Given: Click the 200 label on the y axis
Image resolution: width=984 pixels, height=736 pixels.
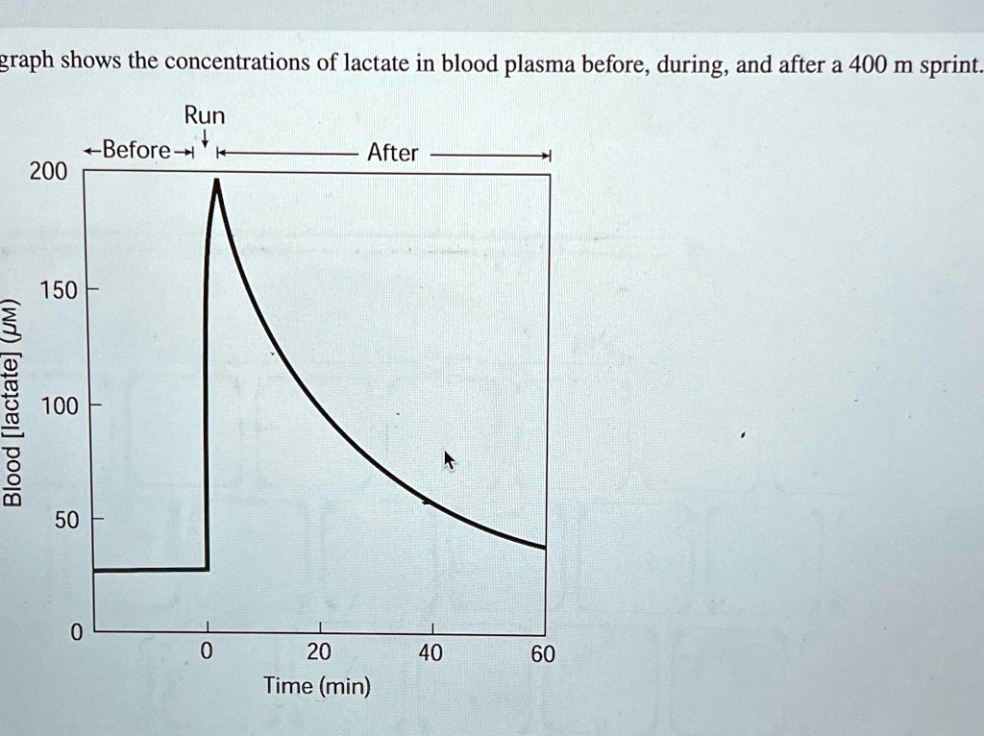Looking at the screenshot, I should (x=48, y=172).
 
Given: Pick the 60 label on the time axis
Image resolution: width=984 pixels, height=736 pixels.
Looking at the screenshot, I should (x=543, y=655).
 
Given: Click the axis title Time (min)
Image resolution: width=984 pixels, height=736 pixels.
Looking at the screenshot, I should (x=318, y=687).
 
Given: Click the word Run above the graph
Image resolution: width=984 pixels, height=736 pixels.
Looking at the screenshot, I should (x=205, y=116).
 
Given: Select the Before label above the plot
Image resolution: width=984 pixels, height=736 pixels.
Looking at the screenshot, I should (x=137, y=150).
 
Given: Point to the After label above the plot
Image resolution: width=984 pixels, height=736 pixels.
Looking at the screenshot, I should (x=393, y=153).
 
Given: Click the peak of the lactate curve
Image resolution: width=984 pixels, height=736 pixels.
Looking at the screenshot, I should (x=216, y=181).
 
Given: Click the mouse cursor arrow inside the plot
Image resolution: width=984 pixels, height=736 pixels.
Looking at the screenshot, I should (x=448, y=460).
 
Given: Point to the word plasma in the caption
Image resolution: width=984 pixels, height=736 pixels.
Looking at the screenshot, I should (x=540, y=65).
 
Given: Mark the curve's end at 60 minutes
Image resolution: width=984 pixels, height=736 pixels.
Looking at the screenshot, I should (x=545, y=548).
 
